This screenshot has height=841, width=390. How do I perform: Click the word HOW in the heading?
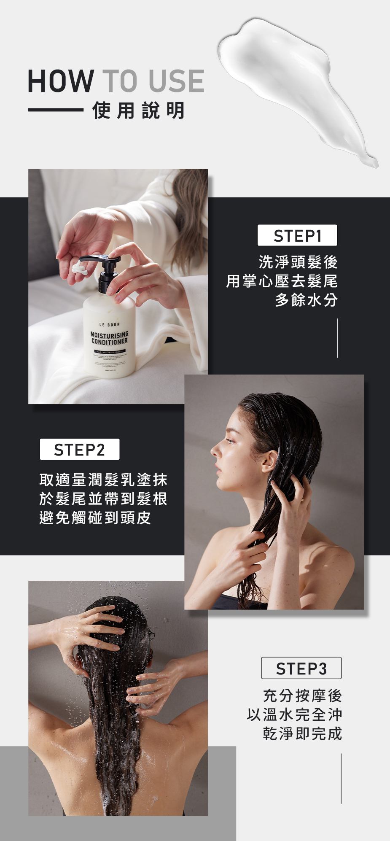coord(61,81)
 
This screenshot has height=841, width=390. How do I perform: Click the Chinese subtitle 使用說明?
coord(138,111)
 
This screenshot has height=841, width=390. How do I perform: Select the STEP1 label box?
coord(297,235)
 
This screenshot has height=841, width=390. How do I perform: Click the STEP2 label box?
coord(80,450)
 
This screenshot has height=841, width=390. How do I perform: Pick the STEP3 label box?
coord(301,668)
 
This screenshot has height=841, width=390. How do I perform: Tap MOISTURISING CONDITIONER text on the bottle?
coord(109,338)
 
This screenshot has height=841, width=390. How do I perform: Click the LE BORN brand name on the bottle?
coord(109,324)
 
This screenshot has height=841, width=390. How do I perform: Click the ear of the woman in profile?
coord(269,461)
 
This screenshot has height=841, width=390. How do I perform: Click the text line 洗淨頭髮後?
coord(298,262)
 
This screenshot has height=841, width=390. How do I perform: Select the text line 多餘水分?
coord(306,300)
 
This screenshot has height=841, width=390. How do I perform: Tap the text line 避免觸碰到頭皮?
coord(95,518)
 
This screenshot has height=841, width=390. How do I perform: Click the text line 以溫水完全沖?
coord(294,714)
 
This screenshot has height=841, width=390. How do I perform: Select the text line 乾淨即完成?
coord(302,733)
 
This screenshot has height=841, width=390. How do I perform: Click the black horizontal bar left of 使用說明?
coord(56,110)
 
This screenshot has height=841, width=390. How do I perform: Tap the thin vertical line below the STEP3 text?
coord(341,778)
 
